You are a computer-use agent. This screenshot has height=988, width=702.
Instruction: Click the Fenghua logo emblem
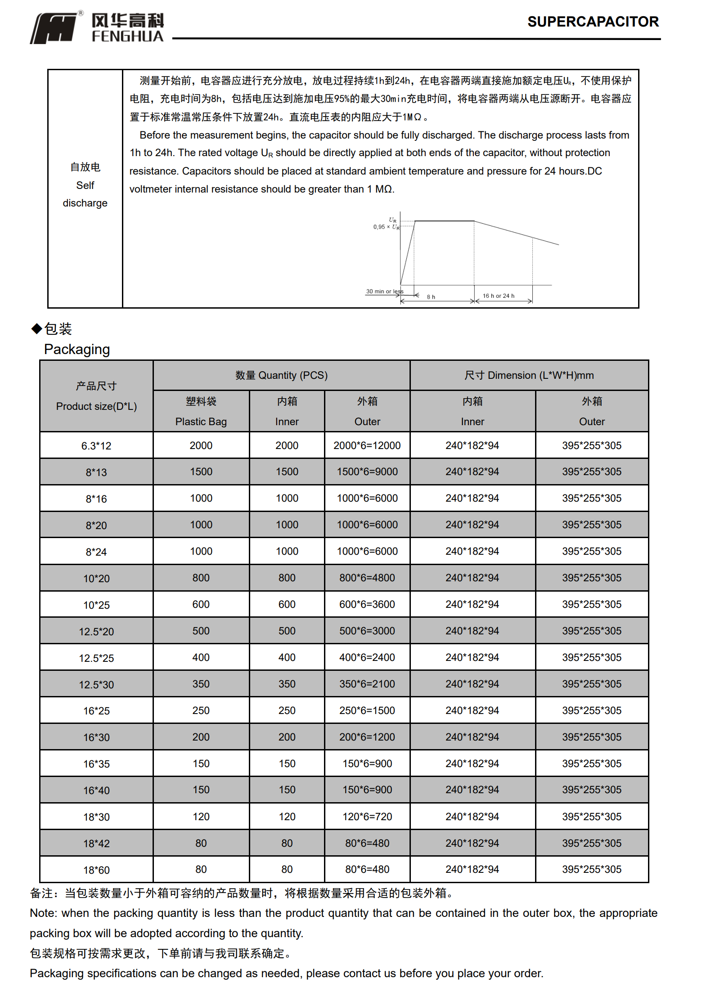(54, 28)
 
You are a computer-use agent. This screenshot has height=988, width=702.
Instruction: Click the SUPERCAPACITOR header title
(593, 22)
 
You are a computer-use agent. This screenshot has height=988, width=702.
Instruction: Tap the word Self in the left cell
(85, 185)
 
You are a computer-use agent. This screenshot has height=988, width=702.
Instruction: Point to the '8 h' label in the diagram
(431, 297)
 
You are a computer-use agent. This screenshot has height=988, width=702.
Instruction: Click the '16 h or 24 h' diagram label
(498, 296)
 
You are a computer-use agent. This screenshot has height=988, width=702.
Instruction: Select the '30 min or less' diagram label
(384, 292)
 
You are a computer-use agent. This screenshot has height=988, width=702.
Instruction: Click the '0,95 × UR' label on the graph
(386, 227)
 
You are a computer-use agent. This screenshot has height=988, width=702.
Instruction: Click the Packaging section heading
(77, 350)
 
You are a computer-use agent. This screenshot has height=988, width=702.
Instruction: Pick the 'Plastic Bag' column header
(201, 422)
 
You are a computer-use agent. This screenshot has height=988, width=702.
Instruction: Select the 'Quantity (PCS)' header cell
(282, 375)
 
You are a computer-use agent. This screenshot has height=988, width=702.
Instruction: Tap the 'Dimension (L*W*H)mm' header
(529, 375)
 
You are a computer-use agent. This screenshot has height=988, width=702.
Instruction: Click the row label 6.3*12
(96, 446)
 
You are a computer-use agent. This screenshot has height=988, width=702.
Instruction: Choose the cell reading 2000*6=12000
(367, 445)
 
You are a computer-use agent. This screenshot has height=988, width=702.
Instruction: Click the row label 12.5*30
(96, 685)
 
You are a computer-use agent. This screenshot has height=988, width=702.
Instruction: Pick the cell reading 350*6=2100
(367, 684)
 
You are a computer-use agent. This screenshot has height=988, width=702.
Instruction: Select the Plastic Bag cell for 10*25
(201, 604)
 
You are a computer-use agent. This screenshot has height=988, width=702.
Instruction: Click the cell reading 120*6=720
(367, 817)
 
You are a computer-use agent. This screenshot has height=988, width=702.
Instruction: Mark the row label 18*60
(96, 870)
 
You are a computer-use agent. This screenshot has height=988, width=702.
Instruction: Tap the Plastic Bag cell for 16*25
(201, 710)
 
